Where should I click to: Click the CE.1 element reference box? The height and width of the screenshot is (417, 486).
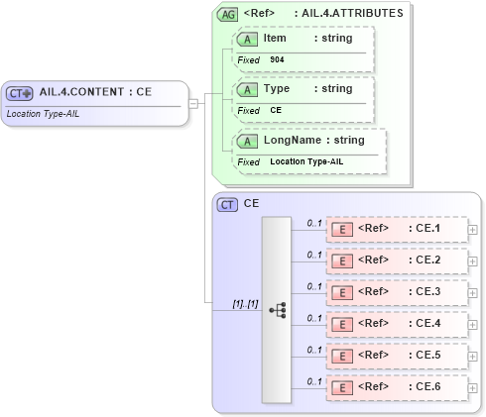click(x=397, y=231)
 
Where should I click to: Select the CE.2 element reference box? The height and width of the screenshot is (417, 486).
click(x=397, y=261)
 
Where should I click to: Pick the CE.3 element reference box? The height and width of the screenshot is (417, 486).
click(x=397, y=293)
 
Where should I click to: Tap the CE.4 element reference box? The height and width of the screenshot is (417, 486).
click(x=397, y=324)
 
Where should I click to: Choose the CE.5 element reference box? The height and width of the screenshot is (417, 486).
click(x=397, y=356)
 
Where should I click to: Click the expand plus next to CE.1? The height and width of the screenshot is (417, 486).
click(x=472, y=231)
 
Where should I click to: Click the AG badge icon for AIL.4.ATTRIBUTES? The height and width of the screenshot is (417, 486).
click(x=228, y=15)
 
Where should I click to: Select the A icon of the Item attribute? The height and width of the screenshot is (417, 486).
click(x=244, y=40)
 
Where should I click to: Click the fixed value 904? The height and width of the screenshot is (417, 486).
click(x=277, y=60)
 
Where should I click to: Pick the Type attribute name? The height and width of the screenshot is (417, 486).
click(x=277, y=89)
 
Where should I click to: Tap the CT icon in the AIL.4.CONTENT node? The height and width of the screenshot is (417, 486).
click(x=20, y=93)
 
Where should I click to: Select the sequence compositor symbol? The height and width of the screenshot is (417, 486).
click(x=277, y=310)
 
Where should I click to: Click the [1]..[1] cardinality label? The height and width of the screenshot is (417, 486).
click(x=245, y=303)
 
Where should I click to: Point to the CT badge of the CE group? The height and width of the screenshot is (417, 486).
click(x=228, y=205)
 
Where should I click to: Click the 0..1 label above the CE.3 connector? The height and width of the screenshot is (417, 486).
click(x=313, y=286)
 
